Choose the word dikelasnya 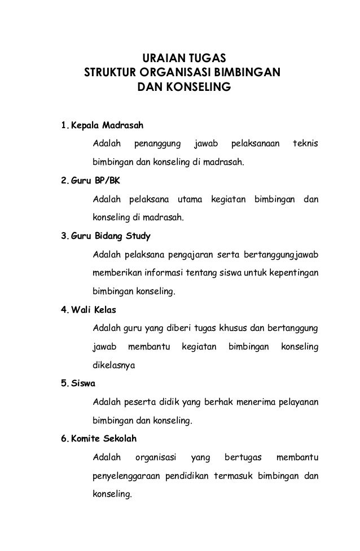(x=113, y=365)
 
